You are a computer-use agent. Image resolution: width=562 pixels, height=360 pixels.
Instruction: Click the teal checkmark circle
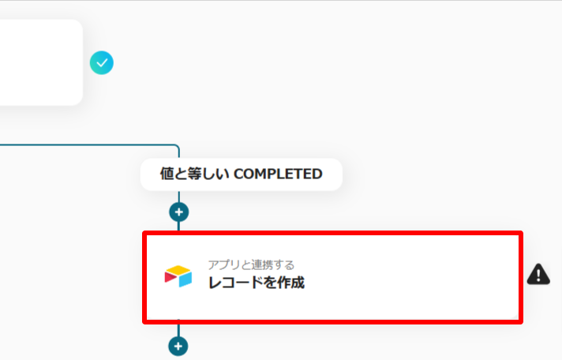(x=102, y=62)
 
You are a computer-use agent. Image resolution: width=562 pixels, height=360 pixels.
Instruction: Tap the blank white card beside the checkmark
(x=39, y=62)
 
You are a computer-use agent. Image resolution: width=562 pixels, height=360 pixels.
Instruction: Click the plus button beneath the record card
(x=179, y=346)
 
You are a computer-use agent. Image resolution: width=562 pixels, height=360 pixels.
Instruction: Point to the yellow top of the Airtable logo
(x=179, y=271)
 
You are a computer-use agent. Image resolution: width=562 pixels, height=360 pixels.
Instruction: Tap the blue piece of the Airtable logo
(x=185, y=279)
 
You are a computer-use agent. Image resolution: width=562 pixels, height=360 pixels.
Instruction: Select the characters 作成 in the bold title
(x=290, y=283)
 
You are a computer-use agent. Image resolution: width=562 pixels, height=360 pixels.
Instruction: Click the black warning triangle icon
(x=538, y=275)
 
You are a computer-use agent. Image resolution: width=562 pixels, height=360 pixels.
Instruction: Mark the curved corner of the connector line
(x=177, y=148)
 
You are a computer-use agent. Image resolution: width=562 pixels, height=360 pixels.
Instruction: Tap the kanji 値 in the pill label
(x=167, y=174)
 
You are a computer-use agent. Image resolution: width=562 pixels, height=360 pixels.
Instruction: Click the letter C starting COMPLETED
(x=239, y=174)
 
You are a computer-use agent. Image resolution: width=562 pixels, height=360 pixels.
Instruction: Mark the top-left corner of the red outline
(x=144, y=234)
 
